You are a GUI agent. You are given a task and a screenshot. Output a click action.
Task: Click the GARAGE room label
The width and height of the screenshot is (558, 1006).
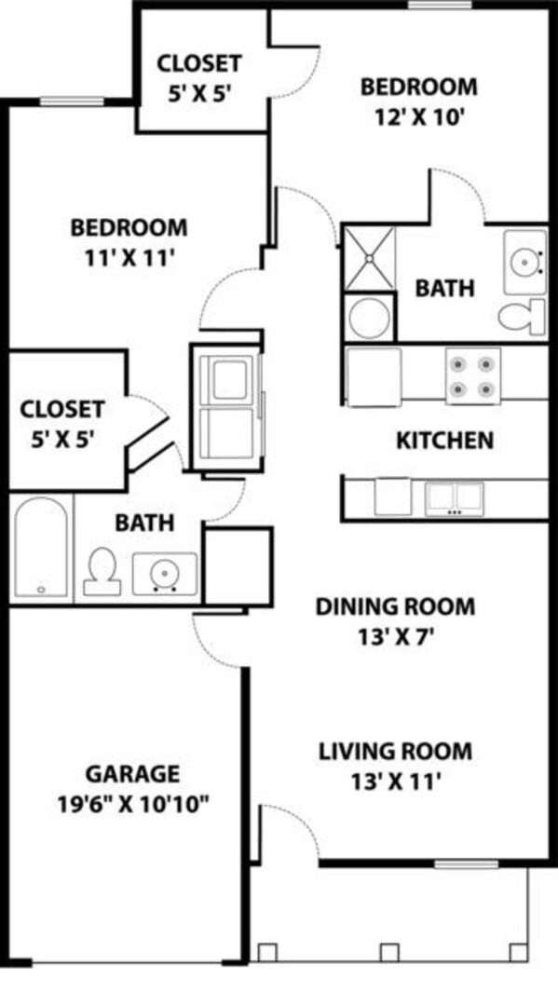point(132,774)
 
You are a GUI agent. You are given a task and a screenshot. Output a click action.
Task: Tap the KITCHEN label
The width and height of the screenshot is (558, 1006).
point(445,441)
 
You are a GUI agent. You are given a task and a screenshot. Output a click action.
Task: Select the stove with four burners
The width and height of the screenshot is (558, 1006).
point(473,376)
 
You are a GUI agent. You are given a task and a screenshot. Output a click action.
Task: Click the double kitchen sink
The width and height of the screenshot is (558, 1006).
point(454,499)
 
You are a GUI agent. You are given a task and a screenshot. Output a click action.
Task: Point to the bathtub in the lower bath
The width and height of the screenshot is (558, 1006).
point(41,548)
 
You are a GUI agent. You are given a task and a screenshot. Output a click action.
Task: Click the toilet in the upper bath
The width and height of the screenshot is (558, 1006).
point(522,316)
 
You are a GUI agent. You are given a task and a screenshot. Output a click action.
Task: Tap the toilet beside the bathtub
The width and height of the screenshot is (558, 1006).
point(102,572)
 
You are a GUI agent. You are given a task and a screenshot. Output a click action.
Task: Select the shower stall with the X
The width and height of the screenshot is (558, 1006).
point(370,258)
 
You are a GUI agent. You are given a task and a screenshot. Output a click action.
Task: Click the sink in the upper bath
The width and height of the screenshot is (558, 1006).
point(525,261)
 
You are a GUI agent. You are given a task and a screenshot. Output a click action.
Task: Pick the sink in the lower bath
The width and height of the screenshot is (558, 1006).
point(165,573)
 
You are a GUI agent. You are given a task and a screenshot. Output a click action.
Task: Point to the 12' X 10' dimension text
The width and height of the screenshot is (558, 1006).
point(419,117)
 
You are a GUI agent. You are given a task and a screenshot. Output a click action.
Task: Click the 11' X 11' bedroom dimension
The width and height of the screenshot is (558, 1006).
point(130,257)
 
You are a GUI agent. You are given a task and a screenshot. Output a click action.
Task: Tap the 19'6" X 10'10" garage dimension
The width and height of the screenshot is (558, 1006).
point(134,805)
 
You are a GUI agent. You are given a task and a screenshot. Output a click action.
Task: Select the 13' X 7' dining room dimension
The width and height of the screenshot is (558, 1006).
point(395,638)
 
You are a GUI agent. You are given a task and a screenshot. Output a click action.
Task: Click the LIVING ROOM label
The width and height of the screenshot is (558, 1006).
point(396,751)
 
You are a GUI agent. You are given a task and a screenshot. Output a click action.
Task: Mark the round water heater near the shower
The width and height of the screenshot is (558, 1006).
point(370,317)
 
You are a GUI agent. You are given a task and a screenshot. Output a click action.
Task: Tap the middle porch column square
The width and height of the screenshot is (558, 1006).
point(389,952)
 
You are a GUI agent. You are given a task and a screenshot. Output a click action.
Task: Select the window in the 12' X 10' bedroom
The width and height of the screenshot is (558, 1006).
point(440,6)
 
